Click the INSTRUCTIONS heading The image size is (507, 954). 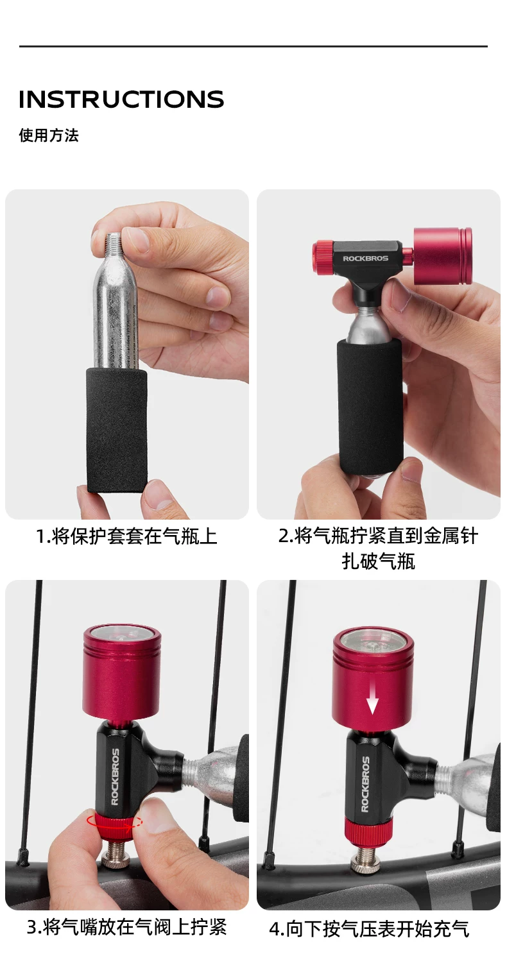coord(121,99)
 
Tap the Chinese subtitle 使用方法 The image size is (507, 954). coord(49,135)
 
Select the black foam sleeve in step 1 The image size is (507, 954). coord(117,430)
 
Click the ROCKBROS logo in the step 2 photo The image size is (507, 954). coord(366,259)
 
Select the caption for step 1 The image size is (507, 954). coord(126,536)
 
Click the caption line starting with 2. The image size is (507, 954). coord(379,536)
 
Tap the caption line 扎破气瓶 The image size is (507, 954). coord(379,561)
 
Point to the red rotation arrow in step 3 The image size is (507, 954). coord(114,822)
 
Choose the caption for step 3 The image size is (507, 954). coord(126,926)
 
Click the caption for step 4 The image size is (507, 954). coord(369,928)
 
